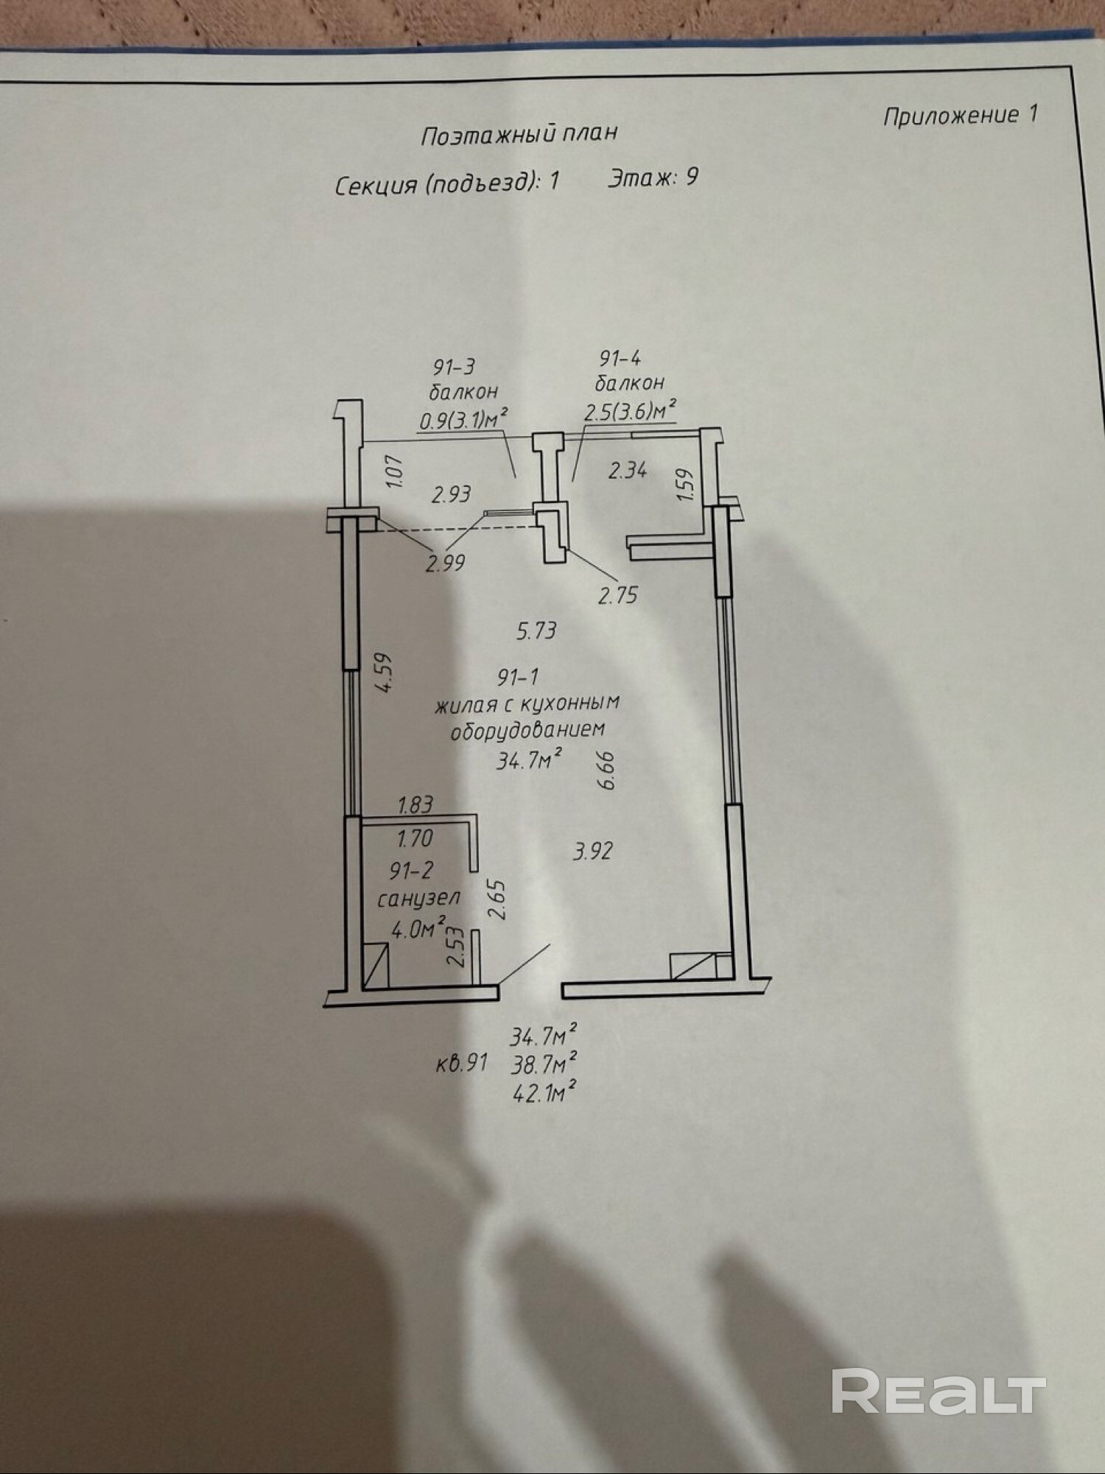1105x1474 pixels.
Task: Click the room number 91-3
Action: (x=455, y=366)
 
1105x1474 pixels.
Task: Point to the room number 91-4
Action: (x=620, y=359)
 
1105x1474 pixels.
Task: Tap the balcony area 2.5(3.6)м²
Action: (x=630, y=410)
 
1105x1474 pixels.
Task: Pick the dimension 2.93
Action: (x=451, y=494)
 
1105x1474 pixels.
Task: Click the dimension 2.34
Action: (x=627, y=469)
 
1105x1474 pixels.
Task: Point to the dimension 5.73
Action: (x=536, y=631)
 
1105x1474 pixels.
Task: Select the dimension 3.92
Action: (x=592, y=852)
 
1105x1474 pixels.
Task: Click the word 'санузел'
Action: (x=418, y=899)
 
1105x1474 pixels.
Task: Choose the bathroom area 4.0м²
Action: (x=418, y=928)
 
